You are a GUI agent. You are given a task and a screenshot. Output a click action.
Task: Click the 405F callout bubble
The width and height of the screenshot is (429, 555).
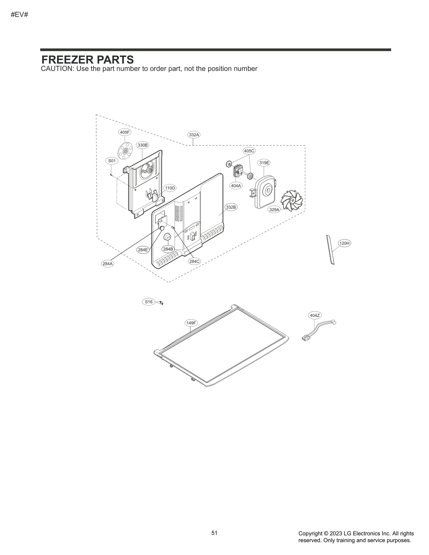125,132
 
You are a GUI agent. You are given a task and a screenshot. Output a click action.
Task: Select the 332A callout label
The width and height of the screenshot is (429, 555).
194,135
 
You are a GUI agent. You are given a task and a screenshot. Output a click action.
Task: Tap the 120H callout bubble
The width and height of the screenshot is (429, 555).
345,243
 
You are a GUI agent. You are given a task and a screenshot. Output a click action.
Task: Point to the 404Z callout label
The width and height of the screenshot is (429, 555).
315,315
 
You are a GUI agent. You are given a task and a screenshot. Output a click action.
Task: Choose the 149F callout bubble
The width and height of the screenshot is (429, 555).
191,323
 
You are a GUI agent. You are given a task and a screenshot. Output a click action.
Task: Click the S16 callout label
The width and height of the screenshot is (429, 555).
149,302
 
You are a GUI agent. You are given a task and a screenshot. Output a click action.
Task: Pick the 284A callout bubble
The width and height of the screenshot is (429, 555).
108,264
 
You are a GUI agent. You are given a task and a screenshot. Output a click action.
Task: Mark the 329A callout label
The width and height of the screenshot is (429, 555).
274,210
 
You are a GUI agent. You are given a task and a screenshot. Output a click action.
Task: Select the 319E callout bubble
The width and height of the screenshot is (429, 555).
264,163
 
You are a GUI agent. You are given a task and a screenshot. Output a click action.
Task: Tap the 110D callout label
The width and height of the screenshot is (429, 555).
170,188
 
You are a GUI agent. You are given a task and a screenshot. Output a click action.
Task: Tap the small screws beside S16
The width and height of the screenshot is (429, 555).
161,303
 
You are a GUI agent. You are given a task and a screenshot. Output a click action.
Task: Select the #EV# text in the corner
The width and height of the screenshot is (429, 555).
20,15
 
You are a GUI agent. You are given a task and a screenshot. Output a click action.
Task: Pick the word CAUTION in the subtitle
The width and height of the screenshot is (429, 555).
56,69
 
